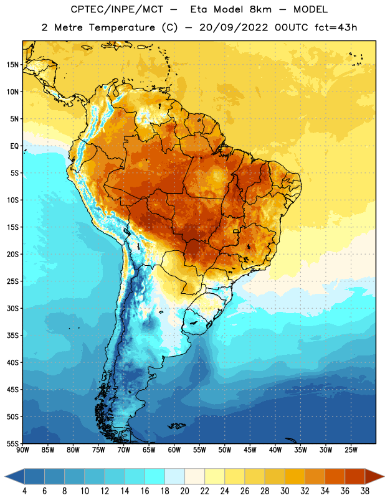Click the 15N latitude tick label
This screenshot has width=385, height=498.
pyautogui.click(x=12, y=65)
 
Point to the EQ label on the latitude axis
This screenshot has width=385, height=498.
pyautogui.click(x=14, y=146)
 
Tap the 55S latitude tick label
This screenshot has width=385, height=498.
pyautogui.click(x=12, y=443)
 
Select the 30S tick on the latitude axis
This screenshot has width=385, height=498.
pyautogui.click(x=12, y=308)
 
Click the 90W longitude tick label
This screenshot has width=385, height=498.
pyautogui.click(x=22, y=450)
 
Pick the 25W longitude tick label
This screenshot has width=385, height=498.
pyautogui.click(x=351, y=450)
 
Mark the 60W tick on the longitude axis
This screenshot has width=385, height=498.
pyautogui.click(x=174, y=450)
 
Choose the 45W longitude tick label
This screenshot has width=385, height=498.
pyautogui.click(x=250, y=450)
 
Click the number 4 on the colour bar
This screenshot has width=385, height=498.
pyautogui.click(x=24, y=491)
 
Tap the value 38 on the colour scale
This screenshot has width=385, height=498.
pyautogui.click(x=365, y=491)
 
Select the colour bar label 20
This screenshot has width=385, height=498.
pyautogui.click(x=184, y=491)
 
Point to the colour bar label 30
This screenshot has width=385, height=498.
pyautogui.click(x=285, y=491)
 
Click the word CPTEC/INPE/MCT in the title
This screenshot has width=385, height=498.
pyautogui.click(x=116, y=9)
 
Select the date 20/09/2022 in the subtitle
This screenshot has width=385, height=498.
pyautogui.click(x=234, y=27)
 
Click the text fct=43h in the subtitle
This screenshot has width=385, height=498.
pyautogui.click(x=336, y=27)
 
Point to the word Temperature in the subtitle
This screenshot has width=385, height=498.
pyautogui.click(x=121, y=27)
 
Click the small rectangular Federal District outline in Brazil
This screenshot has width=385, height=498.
pyautogui.click(x=236, y=231)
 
